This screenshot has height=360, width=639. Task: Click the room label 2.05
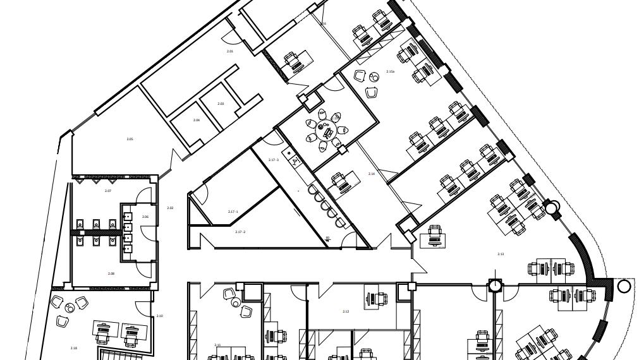click(x=130, y=139)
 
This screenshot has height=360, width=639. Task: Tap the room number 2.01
click(x=230, y=51)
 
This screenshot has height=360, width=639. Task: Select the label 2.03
click(x=221, y=104)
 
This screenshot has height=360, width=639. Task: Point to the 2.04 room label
click(x=197, y=120)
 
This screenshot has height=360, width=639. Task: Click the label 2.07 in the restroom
click(x=108, y=191)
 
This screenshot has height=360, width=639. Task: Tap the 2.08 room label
click(x=111, y=273)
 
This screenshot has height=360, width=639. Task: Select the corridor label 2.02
click(x=170, y=208)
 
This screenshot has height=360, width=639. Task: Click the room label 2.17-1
click(x=233, y=212)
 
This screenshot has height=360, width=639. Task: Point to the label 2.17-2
click(x=240, y=232)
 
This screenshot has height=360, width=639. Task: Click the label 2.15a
click(x=391, y=72)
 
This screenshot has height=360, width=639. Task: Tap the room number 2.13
click(x=501, y=254)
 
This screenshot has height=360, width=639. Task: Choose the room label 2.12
click(x=346, y=311)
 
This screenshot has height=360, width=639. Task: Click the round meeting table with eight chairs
click(x=327, y=131)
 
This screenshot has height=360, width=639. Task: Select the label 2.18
click(x=74, y=348)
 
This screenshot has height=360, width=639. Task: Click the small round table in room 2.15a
click(x=374, y=78)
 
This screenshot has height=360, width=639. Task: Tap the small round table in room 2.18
click(x=70, y=308)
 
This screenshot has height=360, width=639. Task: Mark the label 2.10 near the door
click(x=159, y=316)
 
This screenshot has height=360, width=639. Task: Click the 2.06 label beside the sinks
click(x=145, y=217)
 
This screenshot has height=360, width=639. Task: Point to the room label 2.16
click(x=372, y=174)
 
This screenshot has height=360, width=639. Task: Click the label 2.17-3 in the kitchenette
click(x=274, y=160)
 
